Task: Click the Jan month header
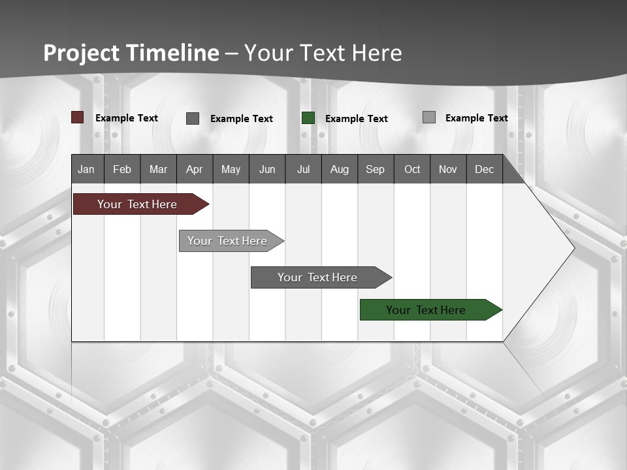click(x=87, y=169)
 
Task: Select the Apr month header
click(x=194, y=169)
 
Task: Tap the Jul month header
click(x=303, y=169)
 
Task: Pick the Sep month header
click(x=375, y=169)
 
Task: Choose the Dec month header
click(x=484, y=169)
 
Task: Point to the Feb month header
click(x=122, y=169)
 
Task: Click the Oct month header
click(x=411, y=169)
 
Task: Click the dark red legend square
click(x=78, y=117)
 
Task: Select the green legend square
click(x=308, y=118)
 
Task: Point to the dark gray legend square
click(x=193, y=118)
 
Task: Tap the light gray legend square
click(x=429, y=117)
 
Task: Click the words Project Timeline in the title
click(x=131, y=53)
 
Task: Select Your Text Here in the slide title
click(x=323, y=53)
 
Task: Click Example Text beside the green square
click(x=356, y=119)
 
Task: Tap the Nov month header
click(x=447, y=169)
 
